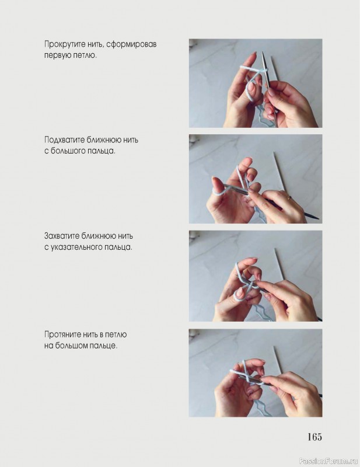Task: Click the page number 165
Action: [x=314, y=437]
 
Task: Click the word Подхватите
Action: [x=65, y=140]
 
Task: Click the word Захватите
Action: [x=62, y=236]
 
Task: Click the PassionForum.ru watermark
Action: [x=328, y=461]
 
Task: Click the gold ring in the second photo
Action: [x=289, y=197]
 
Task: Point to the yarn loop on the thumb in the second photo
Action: [x=216, y=191]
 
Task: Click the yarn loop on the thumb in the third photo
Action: [x=239, y=294]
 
